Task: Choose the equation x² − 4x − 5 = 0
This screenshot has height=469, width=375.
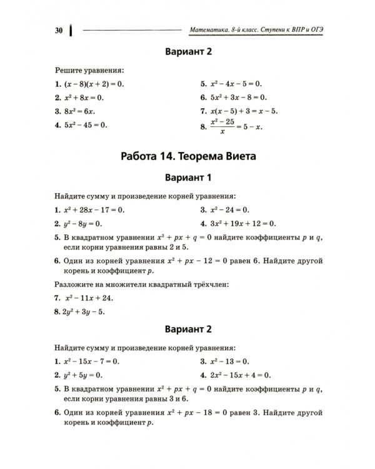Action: (x=236, y=83)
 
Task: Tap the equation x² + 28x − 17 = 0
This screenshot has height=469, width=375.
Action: (x=94, y=210)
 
